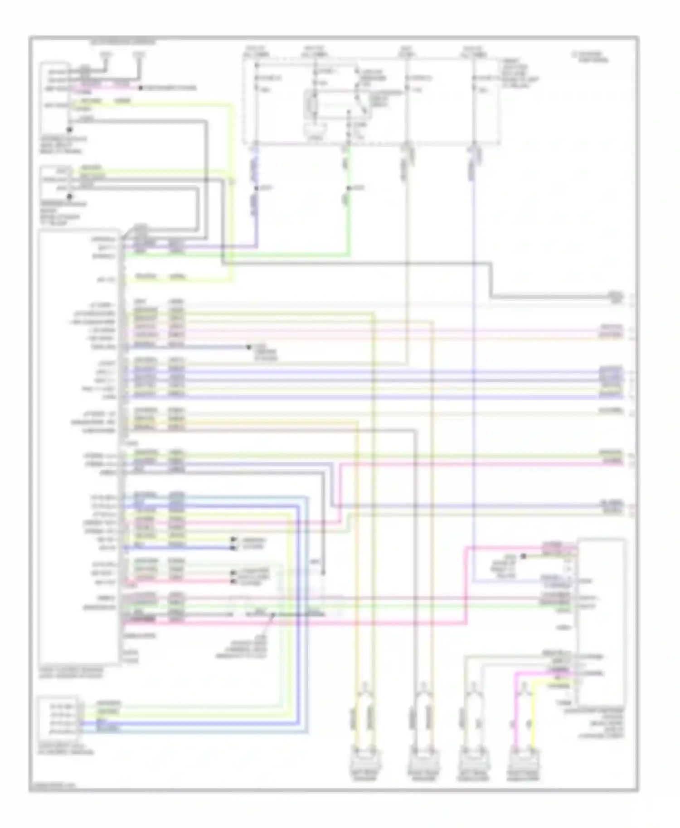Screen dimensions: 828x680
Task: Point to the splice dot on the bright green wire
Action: pyautogui.click(x=349, y=188)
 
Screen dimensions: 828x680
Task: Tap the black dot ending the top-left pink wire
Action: pyautogui.click(x=141, y=88)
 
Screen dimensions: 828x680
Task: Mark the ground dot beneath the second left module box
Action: pyautogui.click(x=69, y=197)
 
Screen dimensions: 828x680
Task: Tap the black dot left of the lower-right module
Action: pyautogui.click(x=523, y=556)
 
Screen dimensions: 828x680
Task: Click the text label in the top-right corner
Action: pyautogui.click(x=589, y=57)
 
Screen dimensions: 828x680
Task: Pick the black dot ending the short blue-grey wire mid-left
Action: pyautogui.click(x=248, y=347)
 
